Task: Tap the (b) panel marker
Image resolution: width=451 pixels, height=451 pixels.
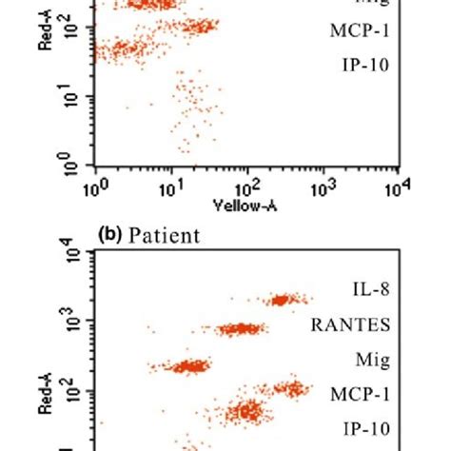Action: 108,235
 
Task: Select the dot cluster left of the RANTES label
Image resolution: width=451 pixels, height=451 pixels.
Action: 241,329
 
